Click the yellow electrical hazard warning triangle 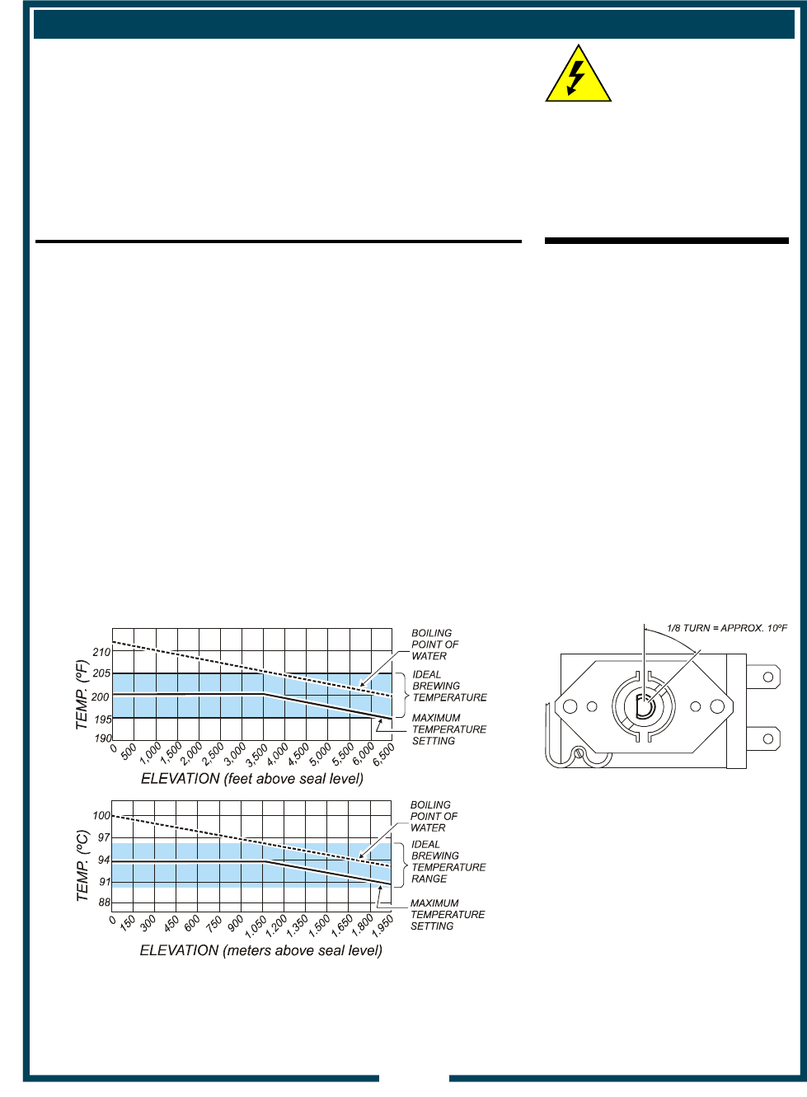pos(579,75)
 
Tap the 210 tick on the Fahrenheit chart pos(102,652)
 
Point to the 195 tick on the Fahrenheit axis pos(102,720)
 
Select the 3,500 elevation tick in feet pos(256,755)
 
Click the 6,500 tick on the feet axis pos(383,755)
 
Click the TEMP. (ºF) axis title pos(82,695)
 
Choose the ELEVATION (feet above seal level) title pos(252,779)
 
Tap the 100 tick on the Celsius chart pos(102,815)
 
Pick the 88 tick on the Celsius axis pos(105,902)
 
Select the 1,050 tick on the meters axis pos(256,926)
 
